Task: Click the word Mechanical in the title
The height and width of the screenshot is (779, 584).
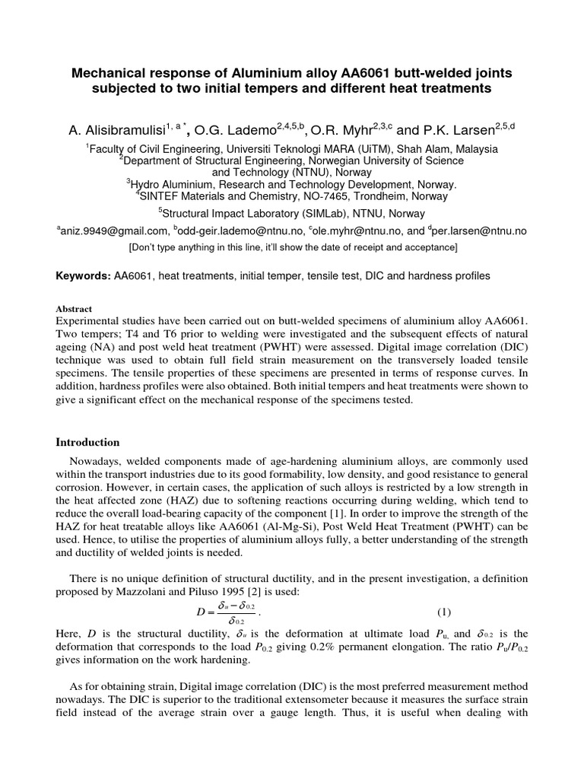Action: point(107,73)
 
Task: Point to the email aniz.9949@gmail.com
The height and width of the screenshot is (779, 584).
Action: point(114,231)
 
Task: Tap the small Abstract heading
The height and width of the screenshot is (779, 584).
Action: point(74,309)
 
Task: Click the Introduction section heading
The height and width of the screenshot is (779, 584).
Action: point(88,442)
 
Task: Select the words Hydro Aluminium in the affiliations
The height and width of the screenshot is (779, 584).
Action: point(172,184)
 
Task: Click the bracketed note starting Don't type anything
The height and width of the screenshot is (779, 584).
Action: point(292,248)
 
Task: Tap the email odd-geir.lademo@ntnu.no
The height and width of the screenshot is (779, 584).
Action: point(240,231)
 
